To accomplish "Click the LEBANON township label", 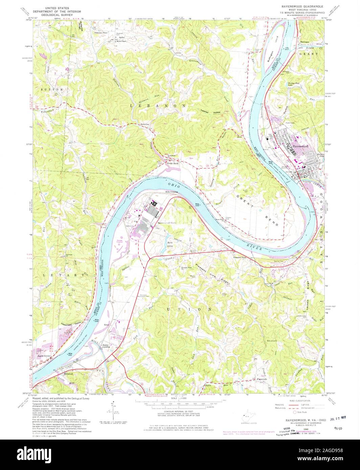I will coord(158,106).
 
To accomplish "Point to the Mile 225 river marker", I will coord(198,204).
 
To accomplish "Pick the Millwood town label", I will coord(69,374).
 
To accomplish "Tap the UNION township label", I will coord(190,309).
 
